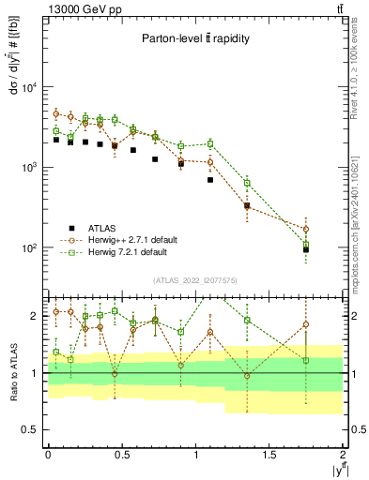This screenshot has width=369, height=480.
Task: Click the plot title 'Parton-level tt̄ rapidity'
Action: click(196, 38)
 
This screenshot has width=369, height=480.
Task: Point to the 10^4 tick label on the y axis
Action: click(28, 88)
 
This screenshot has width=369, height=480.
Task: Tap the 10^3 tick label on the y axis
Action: click(28, 168)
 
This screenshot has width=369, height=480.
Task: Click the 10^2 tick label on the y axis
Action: click(28, 248)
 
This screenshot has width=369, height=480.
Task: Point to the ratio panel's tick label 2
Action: click(36, 316)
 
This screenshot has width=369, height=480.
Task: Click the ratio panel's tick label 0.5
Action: click(32, 429)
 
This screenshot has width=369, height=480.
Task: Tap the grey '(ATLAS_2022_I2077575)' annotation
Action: click(195, 279)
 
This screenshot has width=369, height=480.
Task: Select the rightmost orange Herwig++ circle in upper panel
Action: click(306, 229)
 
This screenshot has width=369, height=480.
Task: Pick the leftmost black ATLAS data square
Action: click(56, 140)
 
